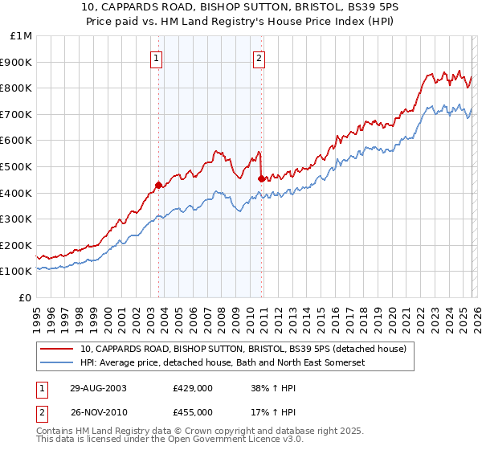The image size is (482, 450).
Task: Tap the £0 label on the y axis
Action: (26, 297)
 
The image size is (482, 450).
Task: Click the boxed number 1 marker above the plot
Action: (157, 57)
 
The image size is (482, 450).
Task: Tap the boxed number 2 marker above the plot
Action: (259, 57)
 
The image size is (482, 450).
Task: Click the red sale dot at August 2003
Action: (159, 185)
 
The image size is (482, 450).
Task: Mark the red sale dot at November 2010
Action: (261, 178)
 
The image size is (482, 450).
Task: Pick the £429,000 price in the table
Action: (192, 387)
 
